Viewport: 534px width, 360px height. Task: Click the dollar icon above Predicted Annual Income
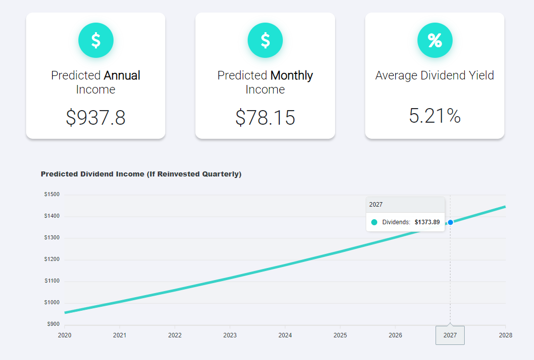pos(96,40)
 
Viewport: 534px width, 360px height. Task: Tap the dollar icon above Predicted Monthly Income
pos(265,40)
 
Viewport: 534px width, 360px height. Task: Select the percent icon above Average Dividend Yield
pos(435,40)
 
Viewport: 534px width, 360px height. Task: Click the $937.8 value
pos(95,117)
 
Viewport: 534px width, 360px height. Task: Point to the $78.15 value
pos(265,117)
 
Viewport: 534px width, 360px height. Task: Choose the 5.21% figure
pos(435,116)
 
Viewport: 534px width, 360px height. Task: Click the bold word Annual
pos(122,75)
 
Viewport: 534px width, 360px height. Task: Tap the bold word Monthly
pos(291,75)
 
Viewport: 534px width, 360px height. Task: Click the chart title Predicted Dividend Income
pos(141,174)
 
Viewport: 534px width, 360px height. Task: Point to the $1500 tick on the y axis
pos(52,195)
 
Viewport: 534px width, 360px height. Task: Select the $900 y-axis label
pos(53,324)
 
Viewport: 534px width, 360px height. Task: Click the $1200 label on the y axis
pos(52,259)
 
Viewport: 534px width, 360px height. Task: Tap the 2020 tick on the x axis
pos(64,335)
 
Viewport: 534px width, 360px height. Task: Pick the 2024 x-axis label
pos(285,335)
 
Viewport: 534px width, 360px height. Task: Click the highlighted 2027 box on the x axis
pos(450,335)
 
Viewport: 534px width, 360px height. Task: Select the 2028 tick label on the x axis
pos(505,335)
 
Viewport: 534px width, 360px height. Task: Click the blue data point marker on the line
pos(451,222)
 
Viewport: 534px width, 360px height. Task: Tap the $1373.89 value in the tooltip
pos(427,222)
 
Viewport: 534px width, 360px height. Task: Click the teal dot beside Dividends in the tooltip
pos(374,222)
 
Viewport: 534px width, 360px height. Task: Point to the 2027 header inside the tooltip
pos(376,205)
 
